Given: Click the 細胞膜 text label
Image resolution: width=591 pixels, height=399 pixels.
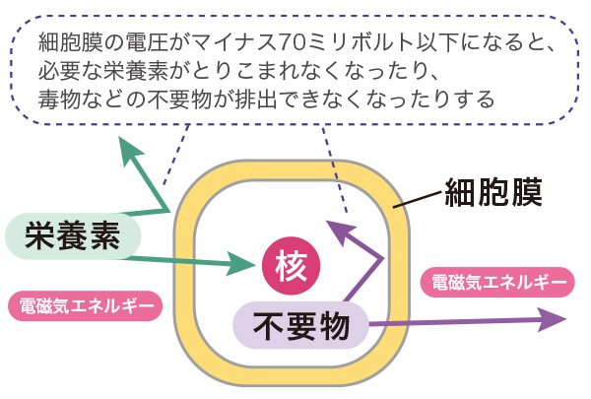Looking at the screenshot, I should coord(493,189).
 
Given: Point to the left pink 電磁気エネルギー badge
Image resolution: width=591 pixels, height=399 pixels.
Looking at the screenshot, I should coord(84,304).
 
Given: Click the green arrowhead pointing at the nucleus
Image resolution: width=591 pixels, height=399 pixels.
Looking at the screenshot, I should coord(241,263).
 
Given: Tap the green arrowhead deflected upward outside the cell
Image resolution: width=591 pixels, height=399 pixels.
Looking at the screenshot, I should coord(128,150).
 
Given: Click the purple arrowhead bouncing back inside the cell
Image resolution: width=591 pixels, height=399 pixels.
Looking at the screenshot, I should coord(337,233).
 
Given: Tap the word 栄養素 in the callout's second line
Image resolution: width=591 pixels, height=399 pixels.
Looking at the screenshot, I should coord(137,72).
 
